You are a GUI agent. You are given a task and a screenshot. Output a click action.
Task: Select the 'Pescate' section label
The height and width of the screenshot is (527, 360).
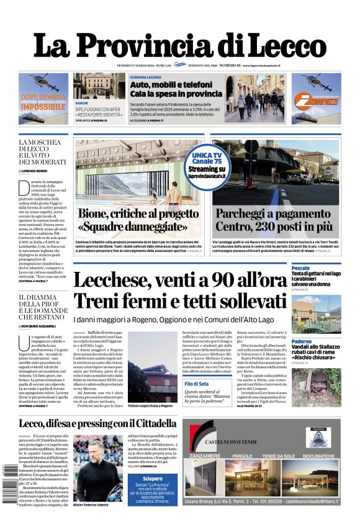coord(301,268)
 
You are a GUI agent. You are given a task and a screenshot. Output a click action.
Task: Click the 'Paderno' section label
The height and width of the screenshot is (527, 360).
coord(302,341)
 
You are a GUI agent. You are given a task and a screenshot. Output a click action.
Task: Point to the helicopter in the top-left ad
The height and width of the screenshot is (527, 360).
coord(42,81)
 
